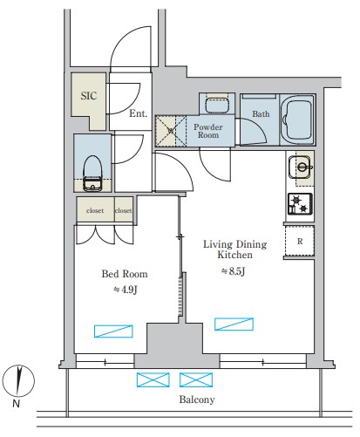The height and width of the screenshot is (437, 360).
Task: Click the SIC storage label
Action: [x=89, y=96]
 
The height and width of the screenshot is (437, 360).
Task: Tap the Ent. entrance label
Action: [x=138, y=113]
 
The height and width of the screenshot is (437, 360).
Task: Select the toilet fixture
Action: [x=92, y=174]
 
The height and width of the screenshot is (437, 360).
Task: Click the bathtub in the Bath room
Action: [x=297, y=119]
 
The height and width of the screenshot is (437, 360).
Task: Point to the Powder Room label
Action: [x=208, y=131]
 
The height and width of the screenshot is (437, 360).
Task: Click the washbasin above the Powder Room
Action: [x=217, y=105]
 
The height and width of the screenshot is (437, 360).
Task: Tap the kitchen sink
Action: [x=301, y=167]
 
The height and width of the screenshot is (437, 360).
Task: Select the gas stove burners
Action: [x=300, y=204]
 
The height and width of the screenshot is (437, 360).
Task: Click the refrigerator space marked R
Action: [x=300, y=241]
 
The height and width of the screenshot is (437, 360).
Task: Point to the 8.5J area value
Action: [x=234, y=271]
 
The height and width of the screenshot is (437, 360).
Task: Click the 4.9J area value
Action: [x=125, y=290]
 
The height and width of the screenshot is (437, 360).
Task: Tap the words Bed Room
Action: [x=125, y=274]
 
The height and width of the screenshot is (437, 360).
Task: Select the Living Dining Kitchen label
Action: [x=234, y=249]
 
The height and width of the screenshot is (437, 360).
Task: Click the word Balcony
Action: [x=197, y=399]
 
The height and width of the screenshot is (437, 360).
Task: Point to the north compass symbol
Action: [x=18, y=381]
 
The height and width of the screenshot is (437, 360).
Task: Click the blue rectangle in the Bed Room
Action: [x=113, y=331]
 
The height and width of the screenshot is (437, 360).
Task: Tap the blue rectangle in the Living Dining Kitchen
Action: [x=234, y=324]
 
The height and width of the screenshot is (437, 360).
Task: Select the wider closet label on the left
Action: [x=95, y=210]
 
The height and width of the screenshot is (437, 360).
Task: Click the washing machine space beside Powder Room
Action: [x=171, y=131]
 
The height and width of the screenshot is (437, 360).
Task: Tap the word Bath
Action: [x=261, y=113]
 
